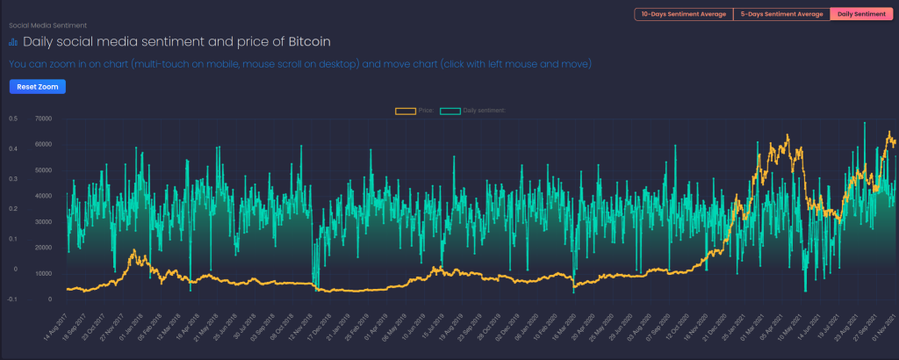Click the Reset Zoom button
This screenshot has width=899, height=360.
(37, 86)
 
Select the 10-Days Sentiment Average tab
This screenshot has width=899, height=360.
(682, 14)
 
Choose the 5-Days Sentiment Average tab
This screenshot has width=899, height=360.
(780, 14)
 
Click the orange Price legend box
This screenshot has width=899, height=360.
(405, 111)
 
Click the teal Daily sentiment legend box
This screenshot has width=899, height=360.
(450, 111)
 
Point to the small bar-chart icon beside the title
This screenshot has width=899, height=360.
(12, 41)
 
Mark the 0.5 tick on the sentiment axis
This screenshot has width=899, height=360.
(13, 118)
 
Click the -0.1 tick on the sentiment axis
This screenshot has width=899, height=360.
(12, 299)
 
